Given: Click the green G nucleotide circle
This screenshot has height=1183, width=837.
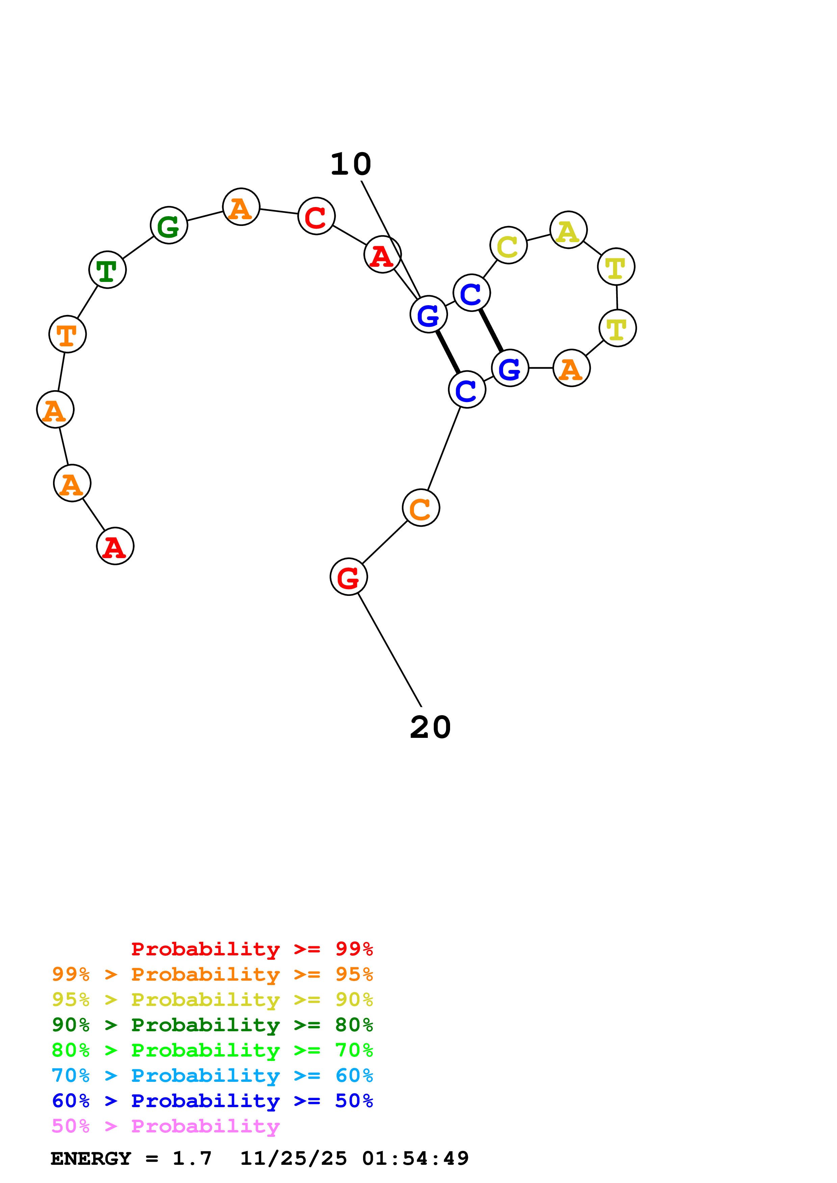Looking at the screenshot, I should pyautogui.click(x=168, y=225).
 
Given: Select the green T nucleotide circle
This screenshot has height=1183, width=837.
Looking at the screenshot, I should pyautogui.click(x=107, y=269).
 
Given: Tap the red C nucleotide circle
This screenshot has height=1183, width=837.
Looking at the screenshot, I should pyautogui.click(x=316, y=216).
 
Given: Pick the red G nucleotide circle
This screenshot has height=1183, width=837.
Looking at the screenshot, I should pyautogui.click(x=349, y=577).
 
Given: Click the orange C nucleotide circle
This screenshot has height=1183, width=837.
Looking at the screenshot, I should pyautogui.click(x=421, y=508).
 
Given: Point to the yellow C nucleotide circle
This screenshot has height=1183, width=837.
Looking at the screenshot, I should pyautogui.click(x=508, y=245).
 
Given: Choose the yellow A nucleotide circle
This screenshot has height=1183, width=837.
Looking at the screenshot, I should pyautogui.click(x=568, y=230).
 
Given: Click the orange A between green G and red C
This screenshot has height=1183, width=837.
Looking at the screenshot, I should pyautogui.click(x=241, y=207).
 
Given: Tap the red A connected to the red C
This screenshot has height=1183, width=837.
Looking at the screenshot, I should pyautogui.click(x=382, y=255).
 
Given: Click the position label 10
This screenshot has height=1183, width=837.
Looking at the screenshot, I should pyautogui.click(x=351, y=164).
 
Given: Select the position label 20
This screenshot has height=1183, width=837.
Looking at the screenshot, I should pyautogui.click(x=430, y=727).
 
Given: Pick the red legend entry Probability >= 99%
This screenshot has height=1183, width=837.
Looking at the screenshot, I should pyautogui.click(x=252, y=949).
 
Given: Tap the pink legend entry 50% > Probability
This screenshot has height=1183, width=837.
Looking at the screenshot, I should pyautogui.click(x=165, y=1126).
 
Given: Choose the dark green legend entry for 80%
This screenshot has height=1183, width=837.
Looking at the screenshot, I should pyautogui.click(x=212, y=1025).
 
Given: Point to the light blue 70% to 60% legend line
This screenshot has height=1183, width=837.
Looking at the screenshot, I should pyautogui.click(x=212, y=1076).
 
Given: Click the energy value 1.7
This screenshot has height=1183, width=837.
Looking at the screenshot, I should pyautogui.click(x=192, y=1158).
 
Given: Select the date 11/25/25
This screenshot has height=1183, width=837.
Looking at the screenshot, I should pyautogui.click(x=293, y=1158).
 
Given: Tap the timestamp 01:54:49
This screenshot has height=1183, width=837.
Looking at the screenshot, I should pyautogui.click(x=415, y=1158).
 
